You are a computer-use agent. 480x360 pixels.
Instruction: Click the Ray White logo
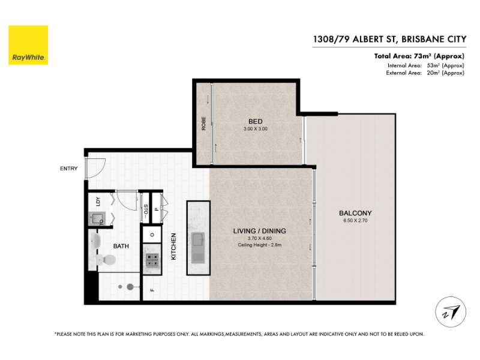pyautogui.click(x=28, y=45)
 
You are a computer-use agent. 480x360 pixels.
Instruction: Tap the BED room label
pyautogui.click(x=256, y=122)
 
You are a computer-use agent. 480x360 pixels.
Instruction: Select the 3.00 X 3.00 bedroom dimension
pyautogui.click(x=256, y=129)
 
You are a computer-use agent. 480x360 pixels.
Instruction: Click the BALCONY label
pyautogui.click(x=355, y=213)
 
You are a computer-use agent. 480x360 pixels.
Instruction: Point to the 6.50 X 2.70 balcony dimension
pyautogui.click(x=355, y=220)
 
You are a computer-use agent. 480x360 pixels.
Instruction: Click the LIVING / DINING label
pyautogui.click(x=260, y=231)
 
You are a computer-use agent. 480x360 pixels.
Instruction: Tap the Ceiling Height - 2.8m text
pyautogui.click(x=260, y=245)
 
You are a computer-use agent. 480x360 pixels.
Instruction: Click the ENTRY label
pyautogui.click(x=68, y=169)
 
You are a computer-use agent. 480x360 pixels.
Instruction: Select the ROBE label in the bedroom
pyautogui.click(x=203, y=124)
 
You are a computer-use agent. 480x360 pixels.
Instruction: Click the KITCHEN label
pyautogui.click(x=173, y=247)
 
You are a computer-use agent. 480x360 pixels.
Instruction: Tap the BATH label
pyautogui.click(x=121, y=246)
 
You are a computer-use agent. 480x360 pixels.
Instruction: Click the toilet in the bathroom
pyautogui.click(x=107, y=260)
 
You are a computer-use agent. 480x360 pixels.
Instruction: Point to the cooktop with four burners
pyautogui.click(x=152, y=260)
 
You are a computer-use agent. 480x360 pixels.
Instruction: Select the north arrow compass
pyautogui.click(x=451, y=312)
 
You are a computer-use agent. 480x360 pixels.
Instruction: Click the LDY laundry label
pyautogui.click(x=98, y=201)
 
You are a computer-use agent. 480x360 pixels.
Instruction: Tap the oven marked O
pyautogui.click(x=152, y=235)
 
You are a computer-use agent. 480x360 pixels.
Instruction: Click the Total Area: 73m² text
pyautogui.click(x=419, y=56)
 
